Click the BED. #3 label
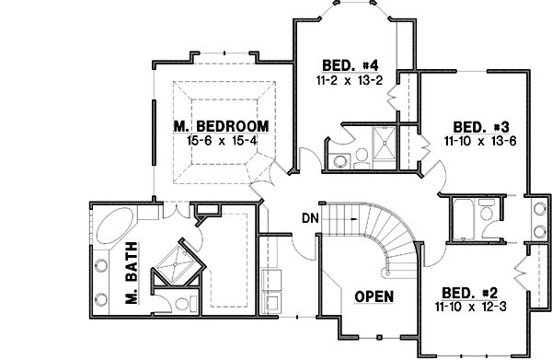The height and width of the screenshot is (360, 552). click(x=477, y=127)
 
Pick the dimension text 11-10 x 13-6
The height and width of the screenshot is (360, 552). click(x=477, y=142)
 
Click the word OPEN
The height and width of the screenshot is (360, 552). click(x=375, y=296)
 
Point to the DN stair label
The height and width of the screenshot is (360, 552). click(x=310, y=218)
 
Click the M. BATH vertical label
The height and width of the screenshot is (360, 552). click(x=131, y=274)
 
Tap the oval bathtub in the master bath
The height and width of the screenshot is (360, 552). click(x=117, y=226)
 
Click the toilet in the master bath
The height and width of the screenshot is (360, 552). click(x=181, y=301)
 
